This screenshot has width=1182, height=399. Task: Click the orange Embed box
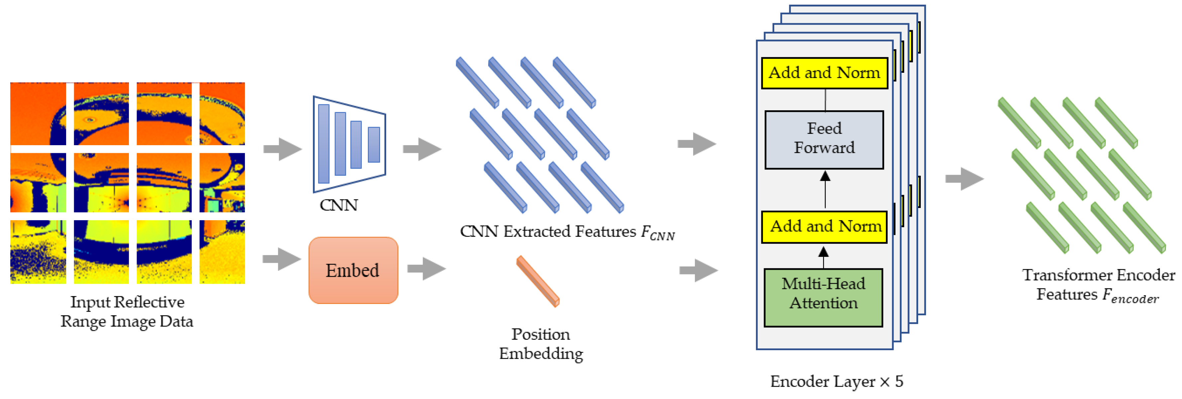pyautogui.click(x=353, y=270)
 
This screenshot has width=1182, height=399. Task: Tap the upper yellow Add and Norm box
pyautogui.click(x=824, y=73)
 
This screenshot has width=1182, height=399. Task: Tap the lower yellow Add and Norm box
pyautogui.click(x=824, y=227)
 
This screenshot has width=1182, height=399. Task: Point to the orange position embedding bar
pyautogui.click(x=537, y=281)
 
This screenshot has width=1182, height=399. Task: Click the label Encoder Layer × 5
pyautogui.click(x=836, y=381)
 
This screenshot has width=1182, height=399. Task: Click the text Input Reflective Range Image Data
pyautogui.click(x=127, y=311)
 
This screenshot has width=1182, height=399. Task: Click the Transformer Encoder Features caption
pyautogui.click(x=1098, y=285)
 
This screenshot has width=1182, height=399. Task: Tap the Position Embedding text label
pyautogui.click(x=541, y=344)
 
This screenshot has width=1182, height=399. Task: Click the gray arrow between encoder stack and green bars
pyautogui.click(x=964, y=178)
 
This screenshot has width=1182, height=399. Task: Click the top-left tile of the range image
pyautogui.click(x=38, y=114)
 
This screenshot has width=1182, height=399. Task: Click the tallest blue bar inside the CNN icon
pyautogui.click(x=323, y=144)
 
